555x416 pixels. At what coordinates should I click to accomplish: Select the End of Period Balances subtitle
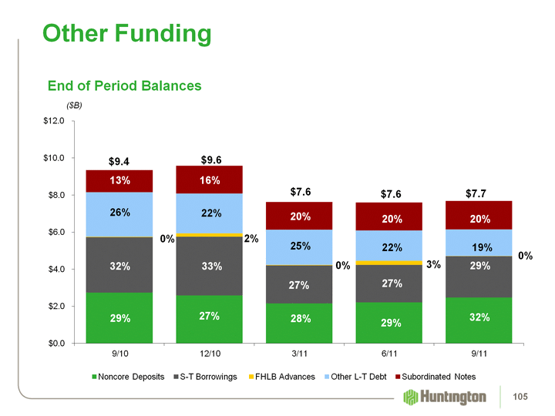tap(124, 86)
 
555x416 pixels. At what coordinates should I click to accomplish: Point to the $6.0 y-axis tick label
tap(59, 232)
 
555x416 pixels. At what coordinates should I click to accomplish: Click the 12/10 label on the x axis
tap(209, 354)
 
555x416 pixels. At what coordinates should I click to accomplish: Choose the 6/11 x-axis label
tap(388, 354)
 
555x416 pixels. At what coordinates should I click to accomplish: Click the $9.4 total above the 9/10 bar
tap(119, 162)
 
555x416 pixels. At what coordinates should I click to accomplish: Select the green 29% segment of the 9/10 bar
tap(119, 317)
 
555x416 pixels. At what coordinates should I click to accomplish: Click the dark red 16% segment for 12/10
tap(209, 179)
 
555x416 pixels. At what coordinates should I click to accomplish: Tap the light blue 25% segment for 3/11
tap(299, 247)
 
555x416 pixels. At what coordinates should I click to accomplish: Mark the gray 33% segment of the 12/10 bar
tap(209, 266)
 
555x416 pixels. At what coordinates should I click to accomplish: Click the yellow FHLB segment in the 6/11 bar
tap(388, 263)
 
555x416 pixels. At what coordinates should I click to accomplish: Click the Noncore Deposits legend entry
tap(127, 377)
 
